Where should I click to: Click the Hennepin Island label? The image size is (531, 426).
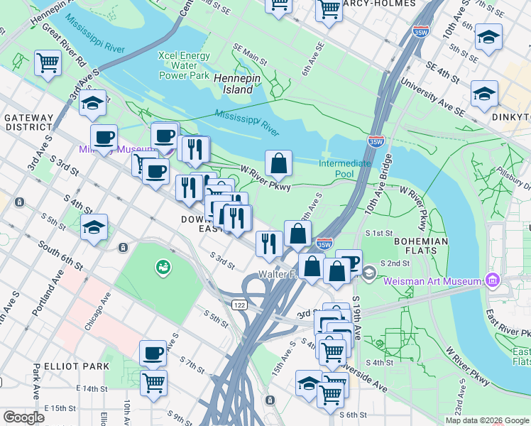pyautogui.click(x=234, y=84)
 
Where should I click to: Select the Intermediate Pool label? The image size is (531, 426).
pyautogui.click(x=344, y=168)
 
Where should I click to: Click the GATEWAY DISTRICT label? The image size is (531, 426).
pyautogui.click(x=28, y=122)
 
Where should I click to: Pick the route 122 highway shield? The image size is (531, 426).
pyautogui.click(x=239, y=304)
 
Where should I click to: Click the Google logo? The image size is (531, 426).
pyautogui.click(x=24, y=417)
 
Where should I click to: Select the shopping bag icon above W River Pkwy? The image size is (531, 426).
pyautogui.click(x=279, y=164)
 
